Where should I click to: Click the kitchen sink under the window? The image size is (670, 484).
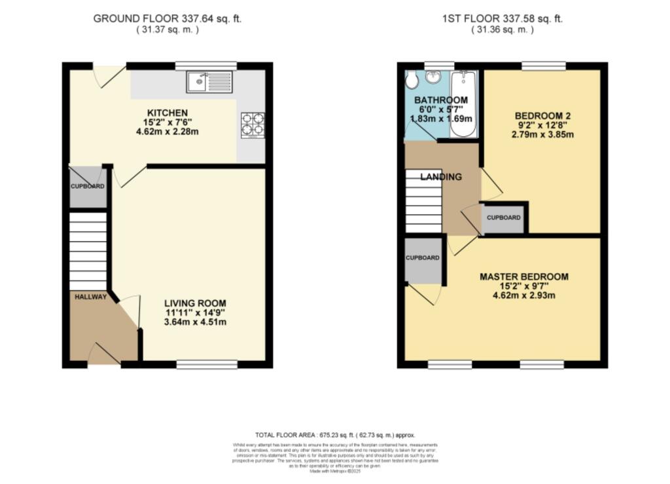point(209,83)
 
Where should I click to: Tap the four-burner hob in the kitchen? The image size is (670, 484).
point(253,125)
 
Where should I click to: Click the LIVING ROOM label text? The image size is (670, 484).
point(195,303)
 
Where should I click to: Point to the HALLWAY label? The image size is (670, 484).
point(90,297)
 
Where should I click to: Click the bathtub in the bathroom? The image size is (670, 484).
point(464,103)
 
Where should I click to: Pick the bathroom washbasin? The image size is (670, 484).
point(433,78)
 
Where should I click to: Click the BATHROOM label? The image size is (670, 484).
point(441,100)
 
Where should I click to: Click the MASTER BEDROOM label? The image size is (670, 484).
point(524,276)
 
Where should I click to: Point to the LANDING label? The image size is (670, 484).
point(440,177)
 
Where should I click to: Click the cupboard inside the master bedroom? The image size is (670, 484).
point(423,260)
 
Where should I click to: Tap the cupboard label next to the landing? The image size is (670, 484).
point(504,217)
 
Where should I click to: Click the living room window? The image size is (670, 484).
point(206,364)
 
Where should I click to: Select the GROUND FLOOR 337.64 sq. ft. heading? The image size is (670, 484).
point(167,18)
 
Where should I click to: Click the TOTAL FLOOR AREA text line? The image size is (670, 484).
point(335,435)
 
